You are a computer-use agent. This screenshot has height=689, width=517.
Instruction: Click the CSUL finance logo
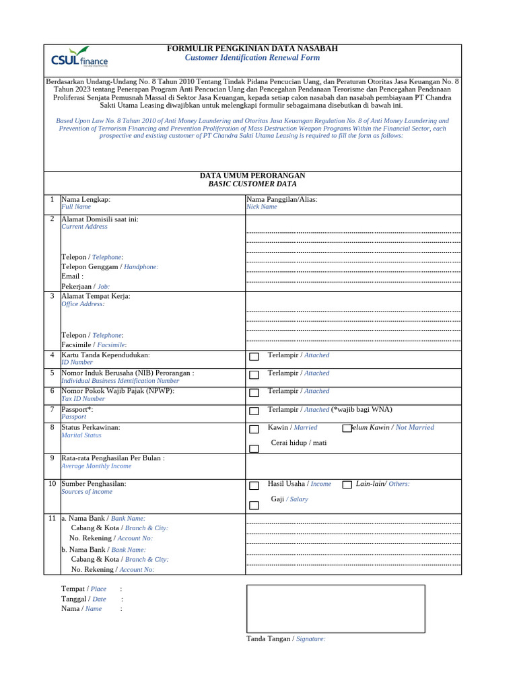pos(79,58)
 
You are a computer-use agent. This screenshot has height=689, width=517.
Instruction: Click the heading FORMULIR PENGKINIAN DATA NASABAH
pos(252,48)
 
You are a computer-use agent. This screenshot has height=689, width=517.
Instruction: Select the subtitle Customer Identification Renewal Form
pos(252,58)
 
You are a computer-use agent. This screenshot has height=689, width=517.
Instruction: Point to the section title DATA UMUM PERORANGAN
pos(252,176)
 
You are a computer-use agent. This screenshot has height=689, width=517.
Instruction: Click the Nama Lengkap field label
pos(85,199)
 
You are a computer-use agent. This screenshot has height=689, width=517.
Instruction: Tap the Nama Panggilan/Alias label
pos(281,199)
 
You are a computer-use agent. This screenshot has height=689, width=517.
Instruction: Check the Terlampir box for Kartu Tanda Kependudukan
pos(254,357)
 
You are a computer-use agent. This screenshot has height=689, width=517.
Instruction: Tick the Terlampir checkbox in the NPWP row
pos(254,392)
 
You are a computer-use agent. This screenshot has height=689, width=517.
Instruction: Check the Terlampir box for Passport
pos(254,410)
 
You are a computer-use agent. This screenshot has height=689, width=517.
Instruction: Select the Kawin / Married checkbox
pos(254,429)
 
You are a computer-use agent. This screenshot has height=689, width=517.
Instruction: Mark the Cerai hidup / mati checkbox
pos(254,448)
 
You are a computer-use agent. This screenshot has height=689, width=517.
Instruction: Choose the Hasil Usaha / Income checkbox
pos(254,485)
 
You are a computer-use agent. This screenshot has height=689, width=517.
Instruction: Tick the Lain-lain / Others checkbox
pos(347,484)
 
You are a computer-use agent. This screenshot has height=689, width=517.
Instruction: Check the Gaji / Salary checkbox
pos(254,505)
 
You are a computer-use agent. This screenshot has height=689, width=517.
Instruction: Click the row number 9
pos(52,458)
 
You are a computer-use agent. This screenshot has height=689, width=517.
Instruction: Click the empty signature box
pos(335,608)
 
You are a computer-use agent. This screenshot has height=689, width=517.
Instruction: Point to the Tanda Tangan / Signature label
pos(285,639)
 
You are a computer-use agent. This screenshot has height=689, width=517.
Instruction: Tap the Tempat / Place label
pos(83,589)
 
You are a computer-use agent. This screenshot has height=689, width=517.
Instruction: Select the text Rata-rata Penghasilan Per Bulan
pos(112,458)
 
